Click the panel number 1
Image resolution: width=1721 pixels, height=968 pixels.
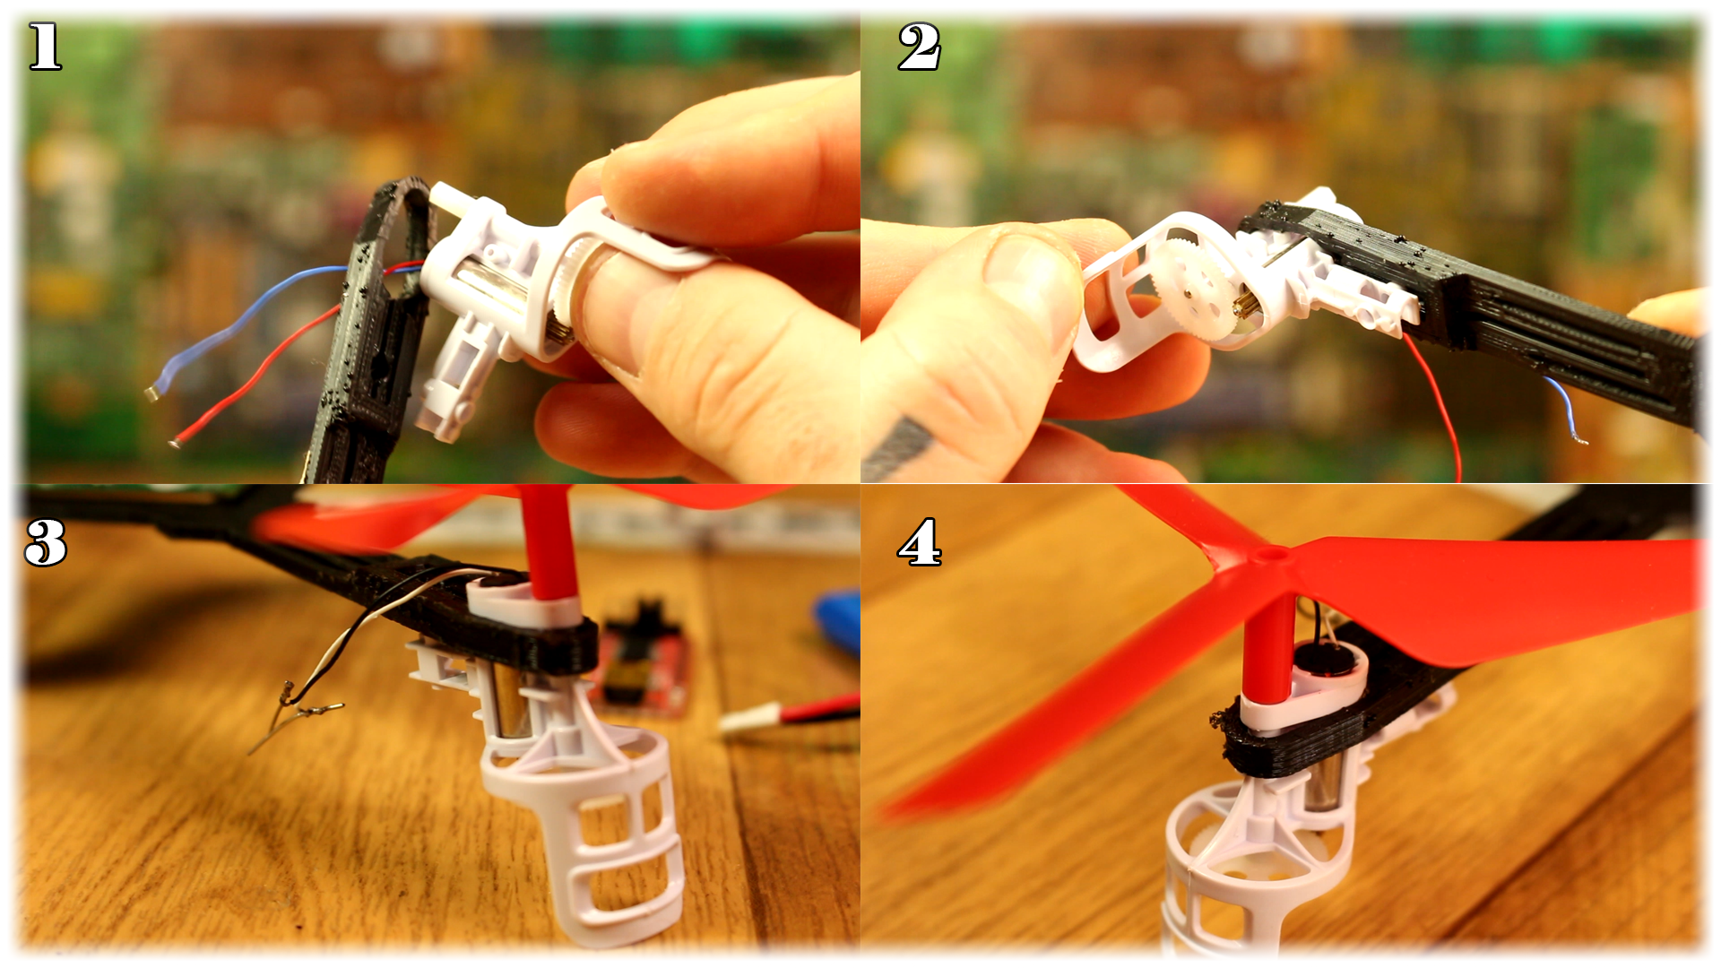coord(45,47)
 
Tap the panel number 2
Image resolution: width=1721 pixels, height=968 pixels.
coord(919,47)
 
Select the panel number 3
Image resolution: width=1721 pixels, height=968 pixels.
coord(46,542)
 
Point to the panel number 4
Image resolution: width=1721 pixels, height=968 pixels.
coord(920,542)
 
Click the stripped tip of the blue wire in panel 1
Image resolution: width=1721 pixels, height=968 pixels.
coord(152,393)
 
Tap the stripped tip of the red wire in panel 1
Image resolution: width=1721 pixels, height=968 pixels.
coord(177,442)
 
